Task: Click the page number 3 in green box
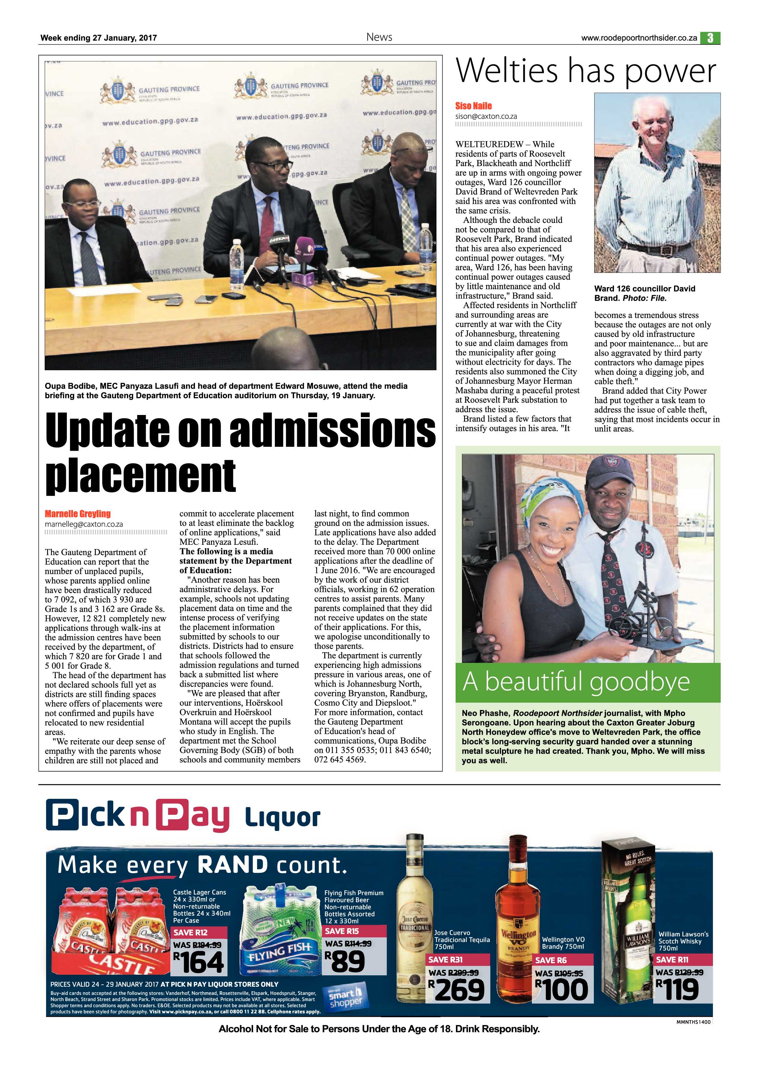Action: click(x=710, y=38)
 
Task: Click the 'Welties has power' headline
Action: click(x=586, y=71)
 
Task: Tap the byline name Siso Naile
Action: click(x=473, y=106)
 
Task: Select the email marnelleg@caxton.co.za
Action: click(x=84, y=524)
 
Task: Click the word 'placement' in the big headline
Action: click(x=140, y=476)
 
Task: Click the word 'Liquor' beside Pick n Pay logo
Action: click(x=282, y=818)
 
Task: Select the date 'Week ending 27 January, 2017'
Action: click(x=99, y=38)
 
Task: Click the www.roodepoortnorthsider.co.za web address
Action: click(x=639, y=38)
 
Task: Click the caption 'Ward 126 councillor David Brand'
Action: click(x=644, y=293)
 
